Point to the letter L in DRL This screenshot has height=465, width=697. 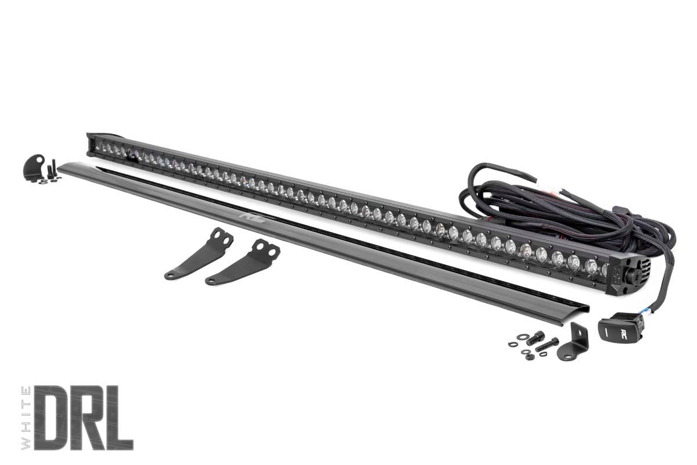point(120,417)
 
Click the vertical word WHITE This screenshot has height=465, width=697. point(26,417)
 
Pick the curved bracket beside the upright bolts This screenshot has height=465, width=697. point(33,167)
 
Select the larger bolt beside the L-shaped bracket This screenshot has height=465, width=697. point(536,337)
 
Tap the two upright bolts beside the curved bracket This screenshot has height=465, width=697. point(53,169)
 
